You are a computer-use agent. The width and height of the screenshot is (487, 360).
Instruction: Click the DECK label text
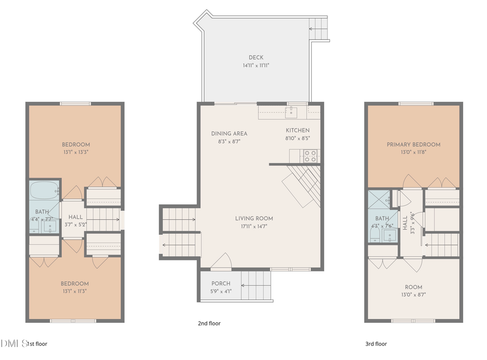(256, 57)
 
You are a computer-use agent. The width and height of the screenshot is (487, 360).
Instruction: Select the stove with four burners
(310, 156)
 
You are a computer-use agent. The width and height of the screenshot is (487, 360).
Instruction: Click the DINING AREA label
(229, 134)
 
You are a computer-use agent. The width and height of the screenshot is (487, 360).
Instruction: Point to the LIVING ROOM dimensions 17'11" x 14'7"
(254, 226)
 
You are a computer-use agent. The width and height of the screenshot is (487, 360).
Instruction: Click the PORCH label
(221, 284)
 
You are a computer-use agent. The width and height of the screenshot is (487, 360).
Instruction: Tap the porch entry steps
(255, 286)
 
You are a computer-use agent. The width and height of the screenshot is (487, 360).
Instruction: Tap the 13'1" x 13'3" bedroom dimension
(75, 153)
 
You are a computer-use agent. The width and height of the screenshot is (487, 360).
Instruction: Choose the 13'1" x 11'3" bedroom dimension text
(75, 291)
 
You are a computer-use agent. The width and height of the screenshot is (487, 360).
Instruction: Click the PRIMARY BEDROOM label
(413, 145)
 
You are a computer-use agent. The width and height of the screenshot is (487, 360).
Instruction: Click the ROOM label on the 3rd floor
(413, 287)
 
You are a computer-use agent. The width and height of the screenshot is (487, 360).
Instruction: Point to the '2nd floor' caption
(209, 323)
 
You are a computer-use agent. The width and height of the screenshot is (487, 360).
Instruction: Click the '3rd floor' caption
(376, 343)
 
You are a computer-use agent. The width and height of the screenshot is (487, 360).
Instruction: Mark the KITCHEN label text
(298, 130)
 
